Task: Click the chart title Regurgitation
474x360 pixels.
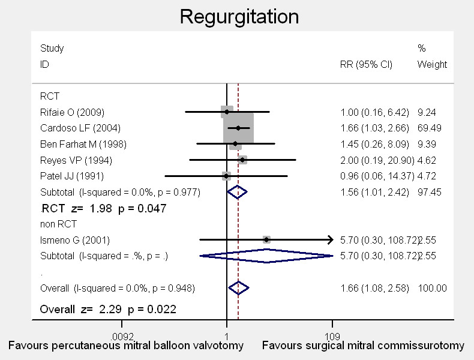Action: (x=239, y=16)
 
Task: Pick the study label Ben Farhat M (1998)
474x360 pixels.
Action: (x=83, y=144)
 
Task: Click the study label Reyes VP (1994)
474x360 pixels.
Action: (x=76, y=160)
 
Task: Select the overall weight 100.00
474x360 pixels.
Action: (x=433, y=288)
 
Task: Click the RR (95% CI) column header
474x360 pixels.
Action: (x=366, y=64)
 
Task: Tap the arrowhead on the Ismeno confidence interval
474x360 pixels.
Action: (x=329, y=240)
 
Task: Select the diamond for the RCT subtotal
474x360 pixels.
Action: (x=237, y=192)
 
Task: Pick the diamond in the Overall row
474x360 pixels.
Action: (x=238, y=288)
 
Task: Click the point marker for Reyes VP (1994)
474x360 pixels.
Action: (x=242, y=160)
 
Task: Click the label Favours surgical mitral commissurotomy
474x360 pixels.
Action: (x=364, y=346)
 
